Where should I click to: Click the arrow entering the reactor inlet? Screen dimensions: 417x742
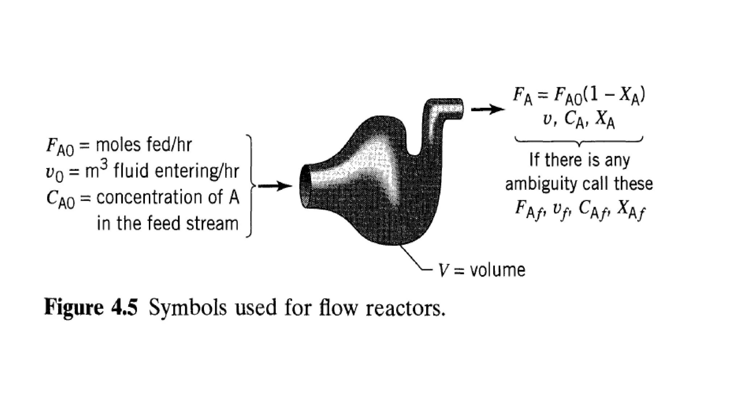click(275, 186)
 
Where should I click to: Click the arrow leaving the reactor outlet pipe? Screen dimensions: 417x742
click(487, 109)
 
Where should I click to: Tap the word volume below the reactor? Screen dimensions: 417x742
click(497, 270)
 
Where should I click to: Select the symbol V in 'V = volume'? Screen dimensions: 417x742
click(443, 270)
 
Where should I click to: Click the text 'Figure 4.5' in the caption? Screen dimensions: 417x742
click(91, 308)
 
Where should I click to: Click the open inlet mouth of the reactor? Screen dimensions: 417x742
click(305, 186)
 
